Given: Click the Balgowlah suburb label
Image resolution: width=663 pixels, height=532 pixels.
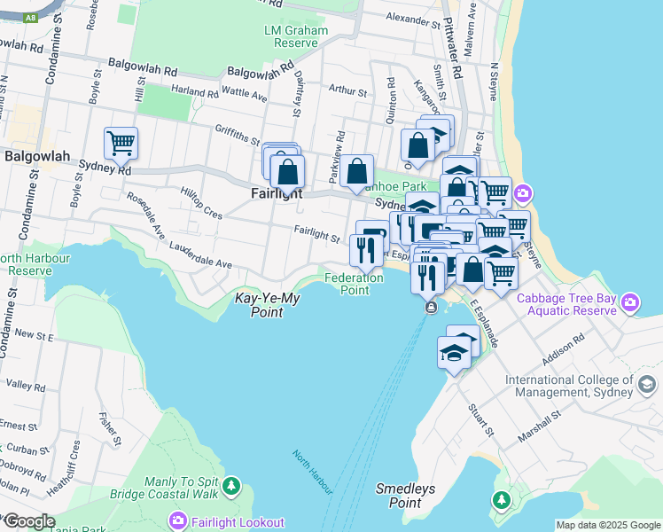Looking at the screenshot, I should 37,156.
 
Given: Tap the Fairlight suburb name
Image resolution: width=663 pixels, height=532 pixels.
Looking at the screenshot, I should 275,193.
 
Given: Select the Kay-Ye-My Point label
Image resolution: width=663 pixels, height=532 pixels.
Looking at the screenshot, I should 267,305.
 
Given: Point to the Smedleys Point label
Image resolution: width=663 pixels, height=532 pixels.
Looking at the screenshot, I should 404,495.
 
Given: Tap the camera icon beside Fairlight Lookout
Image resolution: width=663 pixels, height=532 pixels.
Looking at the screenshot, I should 178,520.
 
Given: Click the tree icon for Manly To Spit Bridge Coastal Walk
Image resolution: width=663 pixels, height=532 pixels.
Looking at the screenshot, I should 231,486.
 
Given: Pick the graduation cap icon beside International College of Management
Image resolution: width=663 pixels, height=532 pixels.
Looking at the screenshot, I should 647,385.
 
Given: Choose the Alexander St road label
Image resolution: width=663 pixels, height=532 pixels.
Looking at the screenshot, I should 413,18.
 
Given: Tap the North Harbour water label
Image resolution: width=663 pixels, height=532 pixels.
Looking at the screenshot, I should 313,472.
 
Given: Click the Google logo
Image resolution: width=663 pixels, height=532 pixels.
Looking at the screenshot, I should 28,521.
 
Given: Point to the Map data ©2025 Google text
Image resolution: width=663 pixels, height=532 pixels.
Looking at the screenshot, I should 607,525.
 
